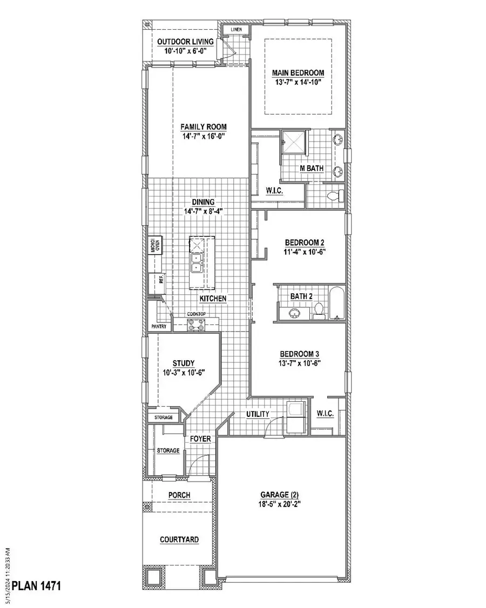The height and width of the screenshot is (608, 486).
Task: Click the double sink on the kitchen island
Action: pyautogui.click(x=195, y=264)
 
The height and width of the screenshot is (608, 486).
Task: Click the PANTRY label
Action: pyautogui.click(x=158, y=327)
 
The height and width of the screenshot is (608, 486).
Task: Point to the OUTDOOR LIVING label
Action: pyautogui.click(x=185, y=42)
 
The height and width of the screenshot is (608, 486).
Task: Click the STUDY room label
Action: pyautogui.click(x=184, y=363)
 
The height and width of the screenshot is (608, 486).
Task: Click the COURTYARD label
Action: pyautogui.click(x=179, y=539)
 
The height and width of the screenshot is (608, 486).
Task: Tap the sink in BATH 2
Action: pyautogui.click(x=295, y=312)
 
